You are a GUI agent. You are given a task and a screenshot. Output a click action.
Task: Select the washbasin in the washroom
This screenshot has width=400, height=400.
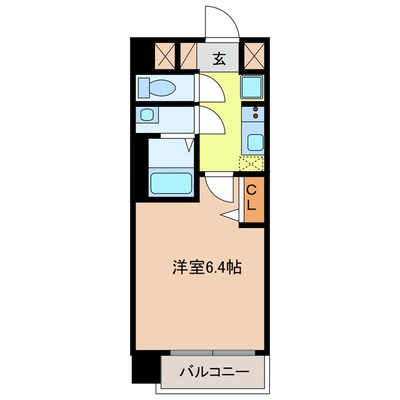[x=147, y=116]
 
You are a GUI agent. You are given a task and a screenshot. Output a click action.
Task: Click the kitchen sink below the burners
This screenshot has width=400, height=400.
[x=254, y=142]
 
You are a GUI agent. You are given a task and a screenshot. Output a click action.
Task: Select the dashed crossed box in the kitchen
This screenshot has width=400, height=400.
[x=251, y=164]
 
